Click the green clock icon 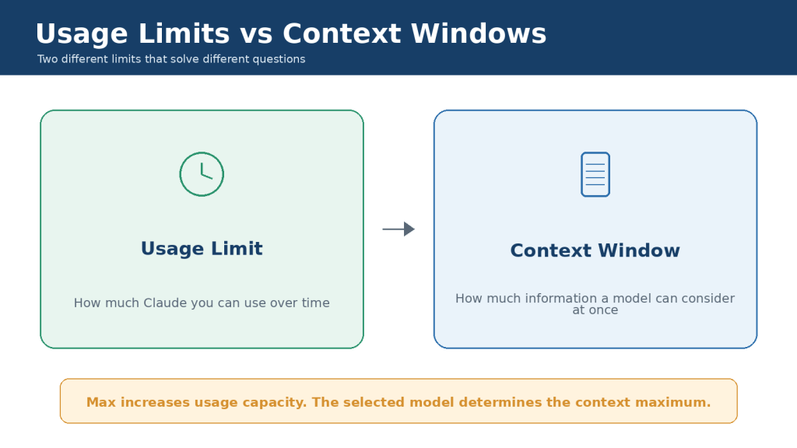click(202, 153)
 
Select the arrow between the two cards click(398, 229)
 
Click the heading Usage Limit click(202, 248)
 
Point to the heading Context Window click(595, 250)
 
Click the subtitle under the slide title click(171, 59)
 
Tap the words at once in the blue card click(595, 310)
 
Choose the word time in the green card click(316, 303)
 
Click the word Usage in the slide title click(82, 34)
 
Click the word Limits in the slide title click(184, 34)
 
